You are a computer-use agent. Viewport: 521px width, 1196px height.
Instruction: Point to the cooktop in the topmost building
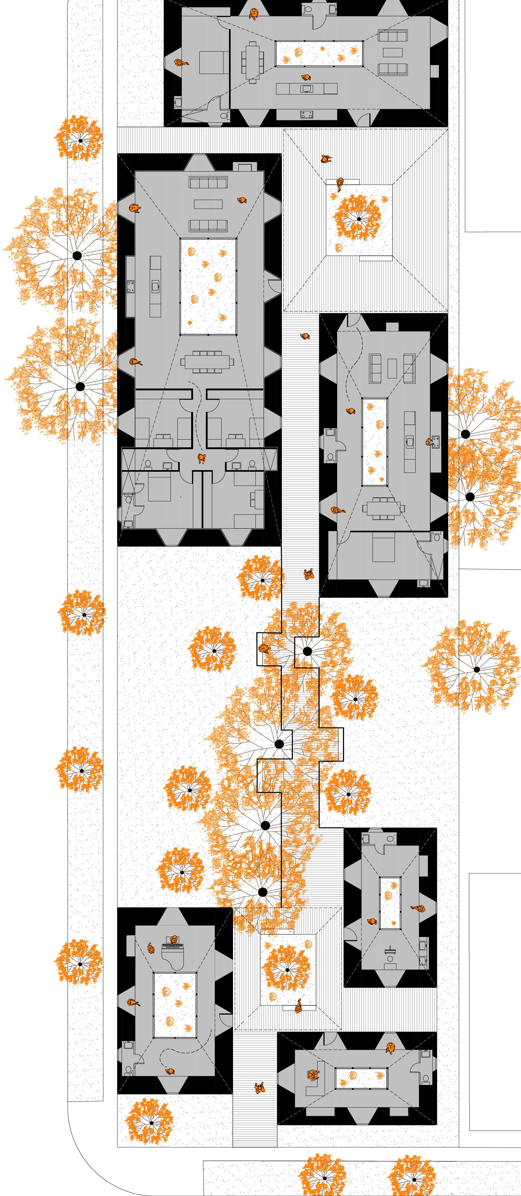point(306,113)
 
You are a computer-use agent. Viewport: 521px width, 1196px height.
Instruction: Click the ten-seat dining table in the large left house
point(207,362)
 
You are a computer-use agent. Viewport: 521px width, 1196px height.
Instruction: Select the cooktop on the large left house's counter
point(131,286)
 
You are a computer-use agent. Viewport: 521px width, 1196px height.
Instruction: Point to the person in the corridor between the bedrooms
point(202,459)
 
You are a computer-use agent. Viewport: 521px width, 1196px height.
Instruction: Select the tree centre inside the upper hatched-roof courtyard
point(358,219)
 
